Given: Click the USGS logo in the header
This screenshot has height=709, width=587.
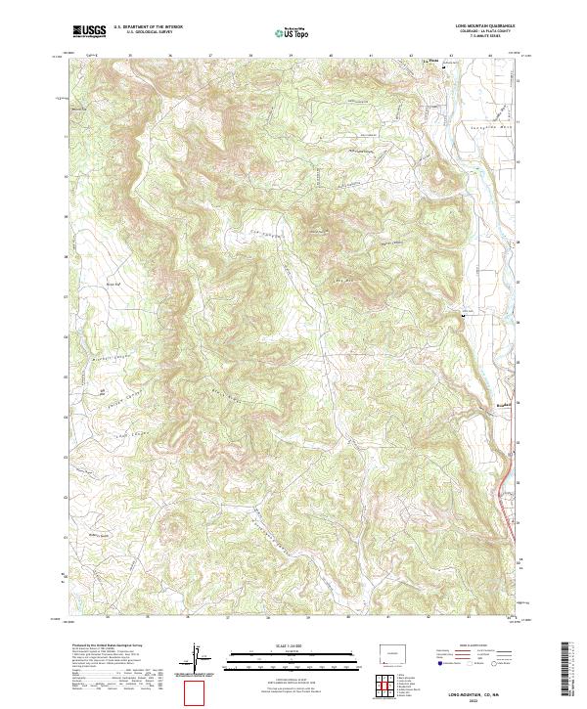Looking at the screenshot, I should [x=89, y=31].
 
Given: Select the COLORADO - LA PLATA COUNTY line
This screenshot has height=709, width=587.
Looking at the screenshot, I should [x=484, y=31].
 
